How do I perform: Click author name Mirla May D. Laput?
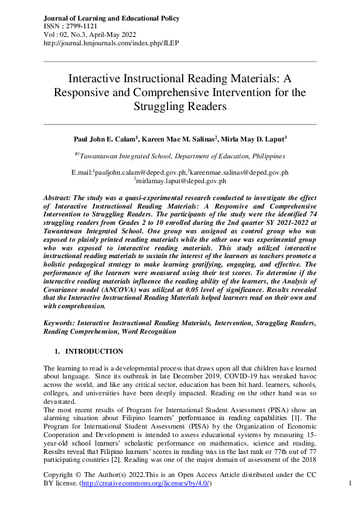click(x=255, y=139)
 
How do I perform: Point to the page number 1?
click(x=351, y=484)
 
